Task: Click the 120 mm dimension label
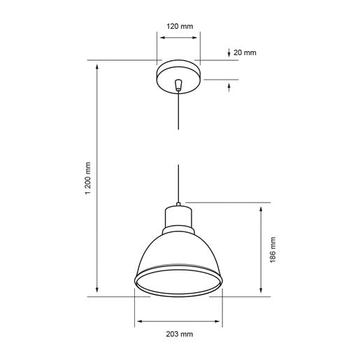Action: coord(180,27)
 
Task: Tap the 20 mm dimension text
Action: coord(245,52)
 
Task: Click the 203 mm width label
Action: coord(180,334)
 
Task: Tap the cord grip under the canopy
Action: coord(180,85)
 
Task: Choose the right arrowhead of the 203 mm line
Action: coord(219,322)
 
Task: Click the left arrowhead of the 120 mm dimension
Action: coord(160,38)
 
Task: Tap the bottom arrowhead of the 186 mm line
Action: coord(261,292)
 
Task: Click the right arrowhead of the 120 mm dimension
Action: coord(199,38)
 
